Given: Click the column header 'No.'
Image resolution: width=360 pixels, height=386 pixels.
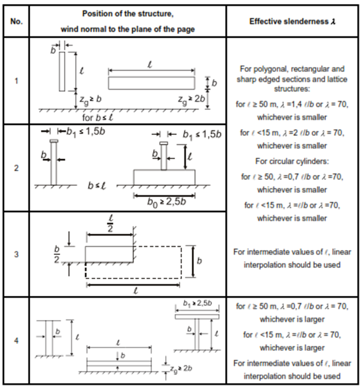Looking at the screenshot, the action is click(16, 22).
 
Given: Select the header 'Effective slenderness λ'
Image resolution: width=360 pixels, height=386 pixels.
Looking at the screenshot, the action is click(292, 22).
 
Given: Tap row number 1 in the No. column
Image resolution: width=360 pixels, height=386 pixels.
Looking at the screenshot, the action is click(16, 81).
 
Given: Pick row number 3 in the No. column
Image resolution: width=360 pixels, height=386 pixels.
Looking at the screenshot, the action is click(16, 254).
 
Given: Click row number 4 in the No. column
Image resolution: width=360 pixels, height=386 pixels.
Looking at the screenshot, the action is click(16, 341).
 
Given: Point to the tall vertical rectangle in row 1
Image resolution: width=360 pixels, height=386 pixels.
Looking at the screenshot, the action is click(62, 72).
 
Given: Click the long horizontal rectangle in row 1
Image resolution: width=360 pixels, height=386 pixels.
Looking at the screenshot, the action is click(152, 83).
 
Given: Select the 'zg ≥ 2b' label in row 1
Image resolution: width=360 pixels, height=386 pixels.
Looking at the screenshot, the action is click(191, 99).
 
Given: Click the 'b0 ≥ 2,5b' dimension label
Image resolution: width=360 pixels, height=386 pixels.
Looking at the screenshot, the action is click(167, 202).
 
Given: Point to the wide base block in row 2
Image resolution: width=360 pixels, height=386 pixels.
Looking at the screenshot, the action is click(164, 177).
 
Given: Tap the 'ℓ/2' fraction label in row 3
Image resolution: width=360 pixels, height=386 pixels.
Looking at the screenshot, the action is click(110, 224).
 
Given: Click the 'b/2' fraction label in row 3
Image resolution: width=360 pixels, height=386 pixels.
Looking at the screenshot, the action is click(57, 254).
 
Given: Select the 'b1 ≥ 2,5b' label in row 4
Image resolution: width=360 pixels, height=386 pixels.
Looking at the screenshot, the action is click(197, 303).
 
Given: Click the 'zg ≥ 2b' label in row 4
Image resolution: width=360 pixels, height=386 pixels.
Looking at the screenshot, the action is click(181, 369).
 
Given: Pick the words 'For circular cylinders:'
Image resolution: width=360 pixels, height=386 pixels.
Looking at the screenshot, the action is click(292, 161).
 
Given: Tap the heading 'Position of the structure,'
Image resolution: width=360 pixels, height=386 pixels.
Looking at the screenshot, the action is click(127, 14).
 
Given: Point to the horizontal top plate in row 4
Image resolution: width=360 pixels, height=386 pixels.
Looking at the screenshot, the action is click(197, 316).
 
